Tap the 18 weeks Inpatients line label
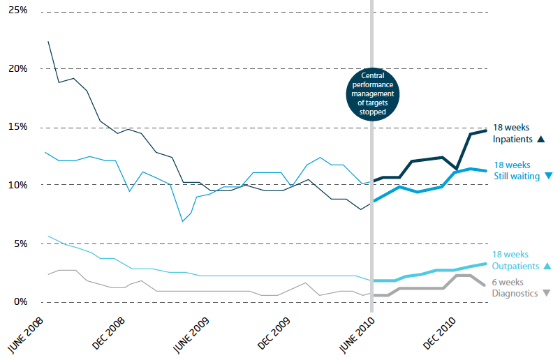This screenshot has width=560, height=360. tap(512, 133)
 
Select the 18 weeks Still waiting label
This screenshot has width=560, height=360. tap(517, 170)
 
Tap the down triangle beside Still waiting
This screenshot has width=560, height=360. tap(548, 177)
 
